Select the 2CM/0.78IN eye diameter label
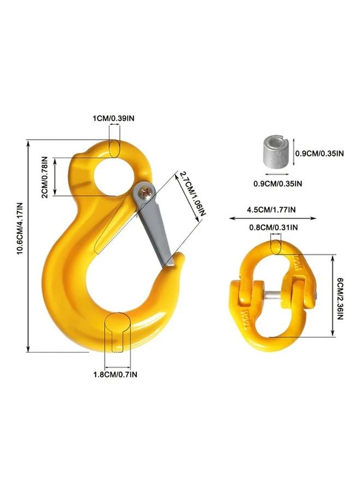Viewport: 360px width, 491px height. pos(46,177)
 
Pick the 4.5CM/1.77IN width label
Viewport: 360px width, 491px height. pos(271,208)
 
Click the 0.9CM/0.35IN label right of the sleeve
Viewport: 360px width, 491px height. pos(319,154)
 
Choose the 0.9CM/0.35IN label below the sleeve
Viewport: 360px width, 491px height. pos(277,183)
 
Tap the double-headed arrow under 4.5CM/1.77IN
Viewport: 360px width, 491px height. pos(271,218)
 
